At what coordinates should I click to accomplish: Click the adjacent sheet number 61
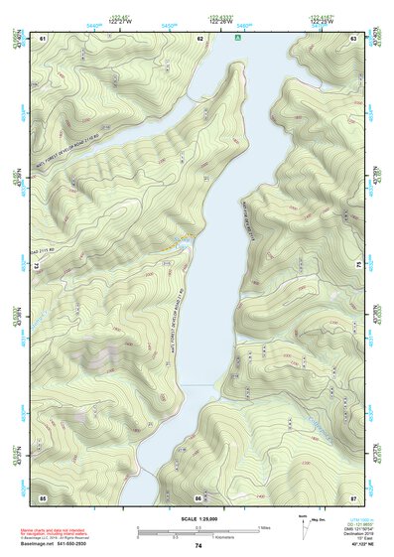tap(43, 38)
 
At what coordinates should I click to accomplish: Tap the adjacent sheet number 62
tap(200, 38)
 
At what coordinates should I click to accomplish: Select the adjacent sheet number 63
tap(353, 38)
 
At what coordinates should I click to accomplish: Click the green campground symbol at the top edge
tap(237, 38)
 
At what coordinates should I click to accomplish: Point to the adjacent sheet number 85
tap(43, 496)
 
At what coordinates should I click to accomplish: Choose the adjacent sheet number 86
tap(198, 496)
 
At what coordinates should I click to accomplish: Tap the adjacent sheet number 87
tap(353, 496)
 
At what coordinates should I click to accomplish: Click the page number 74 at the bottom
tap(198, 546)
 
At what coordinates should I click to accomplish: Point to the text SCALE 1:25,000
tap(198, 518)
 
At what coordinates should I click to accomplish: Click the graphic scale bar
tap(198, 531)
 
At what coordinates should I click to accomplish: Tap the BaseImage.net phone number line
tap(61, 544)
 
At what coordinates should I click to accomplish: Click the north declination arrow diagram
tap(304, 526)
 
